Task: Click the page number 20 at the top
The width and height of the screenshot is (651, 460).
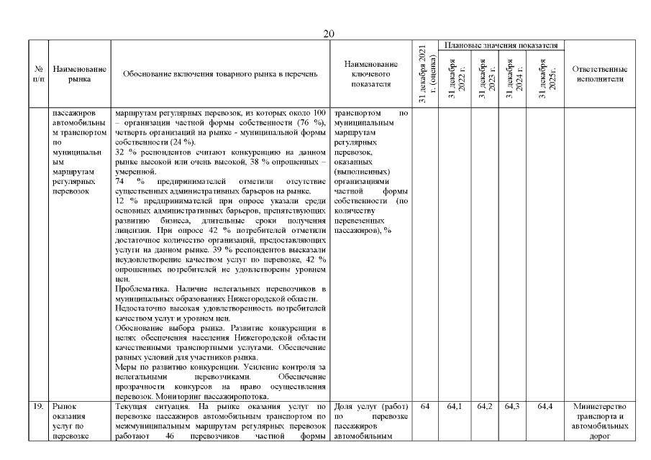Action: pyautogui.click(x=329, y=34)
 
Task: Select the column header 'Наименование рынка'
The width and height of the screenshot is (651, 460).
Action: pyautogui.click(x=80, y=74)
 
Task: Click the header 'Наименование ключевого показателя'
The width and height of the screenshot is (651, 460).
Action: pyautogui.click(x=370, y=74)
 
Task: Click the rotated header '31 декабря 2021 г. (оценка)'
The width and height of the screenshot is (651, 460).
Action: pyautogui.click(x=424, y=74)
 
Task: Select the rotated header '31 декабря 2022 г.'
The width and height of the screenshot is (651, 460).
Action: pyautogui.click(x=454, y=78)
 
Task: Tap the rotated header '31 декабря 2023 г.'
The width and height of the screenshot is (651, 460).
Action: pyautogui.click(x=483, y=78)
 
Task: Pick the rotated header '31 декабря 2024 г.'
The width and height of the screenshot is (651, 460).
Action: pyautogui.click(x=512, y=78)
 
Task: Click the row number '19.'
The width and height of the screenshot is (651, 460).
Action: pyautogui.click(x=40, y=407)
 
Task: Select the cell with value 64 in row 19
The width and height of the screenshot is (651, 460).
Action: pyautogui.click(x=424, y=407)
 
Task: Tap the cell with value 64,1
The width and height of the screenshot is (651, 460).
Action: pyautogui.click(x=455, y=407)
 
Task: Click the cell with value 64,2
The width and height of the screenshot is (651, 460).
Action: pyautogui.click(x=484, y=407)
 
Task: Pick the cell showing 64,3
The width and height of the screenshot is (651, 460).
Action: pyautogui.click(x=512, y=407)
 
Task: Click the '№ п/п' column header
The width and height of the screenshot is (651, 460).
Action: pyautogui.click(x=39, y=74)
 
